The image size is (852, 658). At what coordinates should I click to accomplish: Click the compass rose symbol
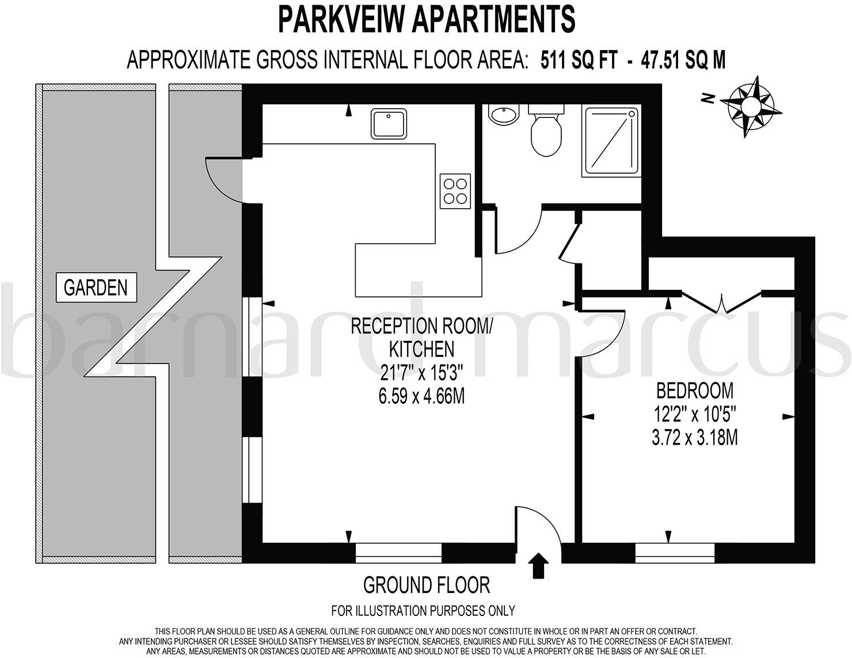(751, 106)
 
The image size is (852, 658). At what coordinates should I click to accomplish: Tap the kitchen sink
(389, 123)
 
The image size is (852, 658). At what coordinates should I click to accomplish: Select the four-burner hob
(455, 191)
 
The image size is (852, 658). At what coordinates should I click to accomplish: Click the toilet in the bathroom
(546, 132)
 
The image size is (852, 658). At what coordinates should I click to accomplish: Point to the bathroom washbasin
(504, 114)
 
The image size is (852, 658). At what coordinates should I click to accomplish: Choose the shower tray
(611, 140)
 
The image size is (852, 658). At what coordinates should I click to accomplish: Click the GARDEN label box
(96, 287)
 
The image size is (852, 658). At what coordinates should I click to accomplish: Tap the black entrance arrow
(538, 565)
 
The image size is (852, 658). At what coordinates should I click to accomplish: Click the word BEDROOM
(695, 391)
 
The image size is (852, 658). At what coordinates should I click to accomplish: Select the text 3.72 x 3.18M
(694, 438)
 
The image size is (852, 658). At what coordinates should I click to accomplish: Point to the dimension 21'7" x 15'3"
(422, 373)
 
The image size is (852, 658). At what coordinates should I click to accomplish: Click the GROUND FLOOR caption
(426, 586)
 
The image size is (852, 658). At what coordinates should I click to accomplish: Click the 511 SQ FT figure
(579, 60)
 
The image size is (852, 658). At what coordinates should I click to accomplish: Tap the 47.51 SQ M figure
(684, 60)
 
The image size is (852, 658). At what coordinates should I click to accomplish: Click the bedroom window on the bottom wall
(675, 553)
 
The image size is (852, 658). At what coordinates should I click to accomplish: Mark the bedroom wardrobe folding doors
(722, 301)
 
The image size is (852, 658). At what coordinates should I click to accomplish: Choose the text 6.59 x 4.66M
(422, 397)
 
